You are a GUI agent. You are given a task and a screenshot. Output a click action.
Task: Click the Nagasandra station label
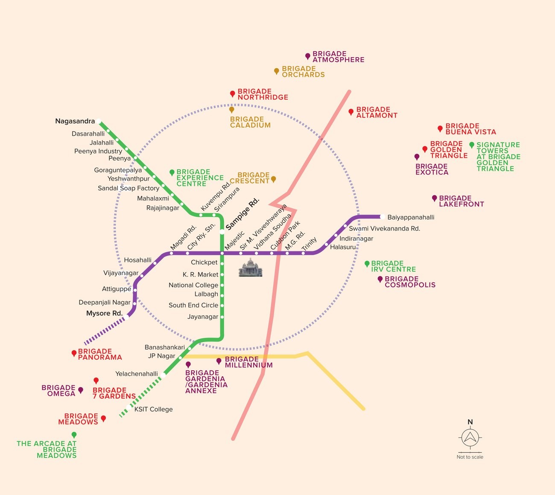click(x=75, y=121)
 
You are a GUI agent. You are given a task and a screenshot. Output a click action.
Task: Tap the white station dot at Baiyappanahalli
click(x=383, y=217)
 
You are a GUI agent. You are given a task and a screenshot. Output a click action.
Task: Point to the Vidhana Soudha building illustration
click(x=250, y=267)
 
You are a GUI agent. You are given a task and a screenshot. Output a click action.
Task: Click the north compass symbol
click(x=470, y=437)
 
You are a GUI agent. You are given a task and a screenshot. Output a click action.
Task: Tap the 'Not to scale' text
click(x=470, y=457)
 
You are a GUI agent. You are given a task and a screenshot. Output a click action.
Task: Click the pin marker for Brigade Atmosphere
click(x=308, y=56)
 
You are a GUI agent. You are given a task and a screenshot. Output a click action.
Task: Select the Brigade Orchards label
click(x=303, y=71)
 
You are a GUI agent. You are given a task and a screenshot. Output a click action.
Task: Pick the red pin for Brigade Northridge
click(x=232, y=94)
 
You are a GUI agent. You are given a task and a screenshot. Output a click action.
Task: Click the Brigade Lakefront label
click(x=462, y=201)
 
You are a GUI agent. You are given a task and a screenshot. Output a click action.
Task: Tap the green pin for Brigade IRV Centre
click(x=367, y=264)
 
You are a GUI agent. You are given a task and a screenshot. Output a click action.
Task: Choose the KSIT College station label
click(x=153, y=409)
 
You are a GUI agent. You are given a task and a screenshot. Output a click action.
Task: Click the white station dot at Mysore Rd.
click(x=126, y=317)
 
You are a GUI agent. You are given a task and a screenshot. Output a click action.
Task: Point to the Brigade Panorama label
click(x=100, y=354)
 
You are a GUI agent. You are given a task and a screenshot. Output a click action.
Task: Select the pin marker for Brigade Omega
click(x=81, y=390)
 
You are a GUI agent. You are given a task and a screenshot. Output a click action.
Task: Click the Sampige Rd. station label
click(x=242, y=214)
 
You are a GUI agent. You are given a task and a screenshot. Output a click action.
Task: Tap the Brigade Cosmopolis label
click(x=410, y=282)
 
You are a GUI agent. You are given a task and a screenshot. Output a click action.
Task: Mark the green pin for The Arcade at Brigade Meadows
click(x=74, y=435)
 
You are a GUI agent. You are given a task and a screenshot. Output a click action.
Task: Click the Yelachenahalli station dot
click(x=163, y=375)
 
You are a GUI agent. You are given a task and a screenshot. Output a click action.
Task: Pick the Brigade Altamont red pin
click(x=351, y=112)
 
